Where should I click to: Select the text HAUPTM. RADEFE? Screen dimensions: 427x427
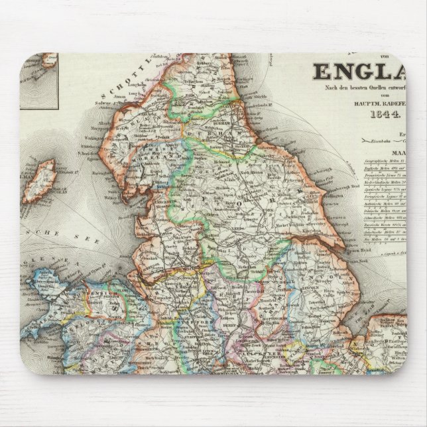[x=375, y=103]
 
